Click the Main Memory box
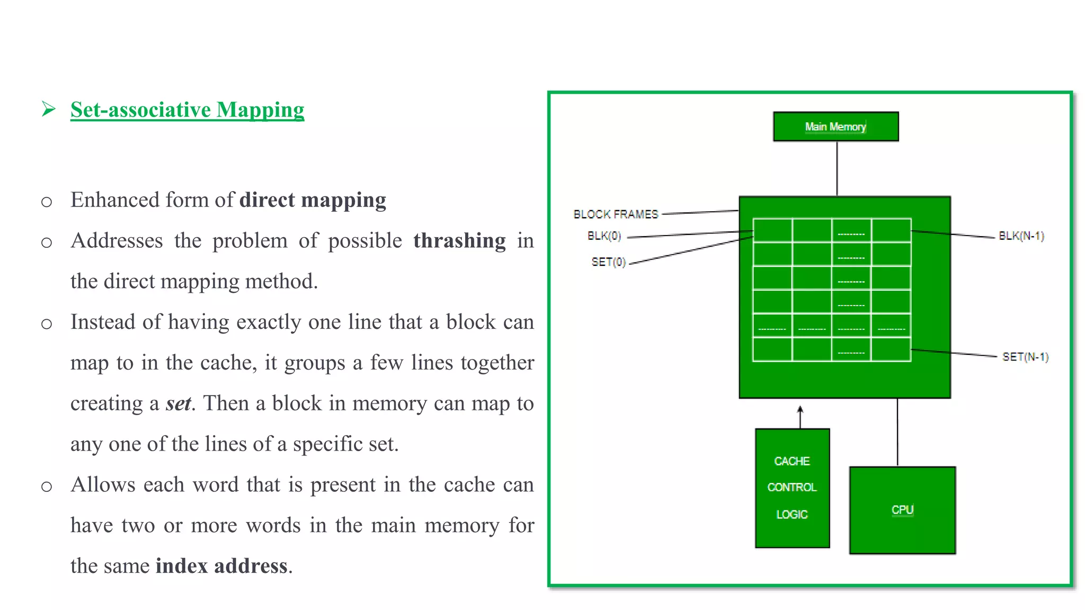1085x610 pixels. point(835,127)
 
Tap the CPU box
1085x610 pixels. point(902,510)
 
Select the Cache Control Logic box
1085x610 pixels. point(792,488)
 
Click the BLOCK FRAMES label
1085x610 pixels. point(616,214)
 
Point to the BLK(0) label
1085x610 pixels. point(604,236)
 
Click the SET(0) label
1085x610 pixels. point(608,262)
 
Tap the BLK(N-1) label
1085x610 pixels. point(1021,236)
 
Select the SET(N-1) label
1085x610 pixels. point(1025,357)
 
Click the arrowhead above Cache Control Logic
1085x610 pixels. point(800,409)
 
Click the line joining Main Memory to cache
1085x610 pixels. point(837,168)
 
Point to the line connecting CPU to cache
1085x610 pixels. point(897,432)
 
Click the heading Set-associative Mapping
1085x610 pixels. point(187,110)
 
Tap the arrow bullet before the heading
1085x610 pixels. point(49,109)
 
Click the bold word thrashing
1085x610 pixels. point(459,241)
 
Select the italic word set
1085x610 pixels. point(178,403)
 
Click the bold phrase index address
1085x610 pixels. point(221,566)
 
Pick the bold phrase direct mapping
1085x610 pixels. point(313,200)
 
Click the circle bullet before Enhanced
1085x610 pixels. point(47,202)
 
